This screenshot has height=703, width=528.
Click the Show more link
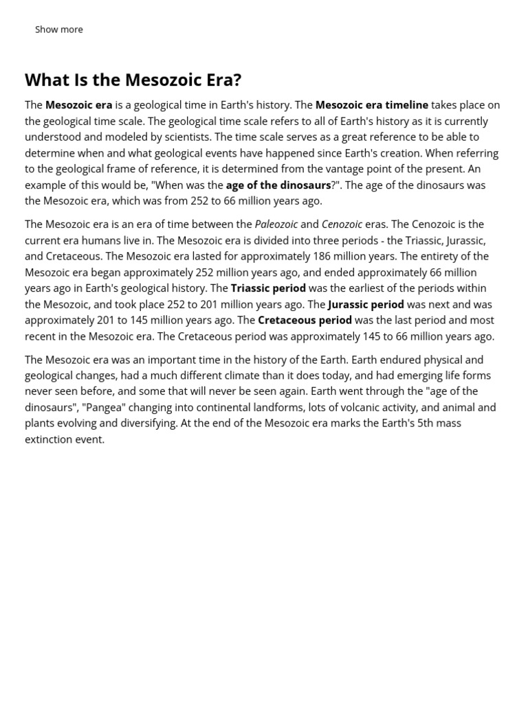(58, 30)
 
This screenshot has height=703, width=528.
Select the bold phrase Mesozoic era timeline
(371, 105)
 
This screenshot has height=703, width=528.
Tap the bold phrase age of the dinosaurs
(278, 185)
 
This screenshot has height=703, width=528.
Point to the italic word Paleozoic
(276, 224)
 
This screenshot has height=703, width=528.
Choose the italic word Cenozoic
(342, 224)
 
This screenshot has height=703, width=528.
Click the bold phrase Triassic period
(268, 288)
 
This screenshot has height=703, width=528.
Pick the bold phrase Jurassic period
(366, 304)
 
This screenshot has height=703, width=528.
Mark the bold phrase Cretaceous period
(305, 320)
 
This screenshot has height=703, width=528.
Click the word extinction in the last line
(49, 439)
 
